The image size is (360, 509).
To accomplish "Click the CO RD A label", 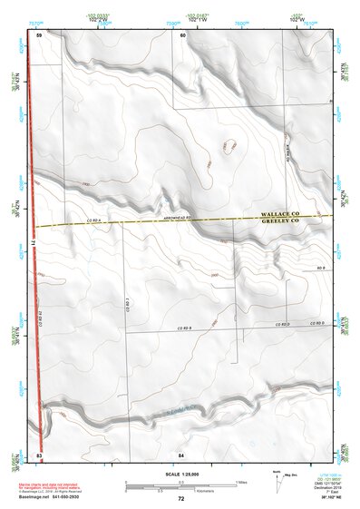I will click(97, 220).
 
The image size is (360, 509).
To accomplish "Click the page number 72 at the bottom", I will click(181, 499).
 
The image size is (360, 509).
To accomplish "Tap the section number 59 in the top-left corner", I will click(39, 34).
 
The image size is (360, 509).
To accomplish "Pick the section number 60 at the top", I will click(182, 34).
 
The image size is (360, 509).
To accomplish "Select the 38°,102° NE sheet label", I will click(321, 498).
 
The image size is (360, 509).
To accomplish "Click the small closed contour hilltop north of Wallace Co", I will click(226, 146).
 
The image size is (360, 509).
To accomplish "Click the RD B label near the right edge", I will click(320, 269).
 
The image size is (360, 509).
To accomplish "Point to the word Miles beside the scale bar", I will click(241, 481).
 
